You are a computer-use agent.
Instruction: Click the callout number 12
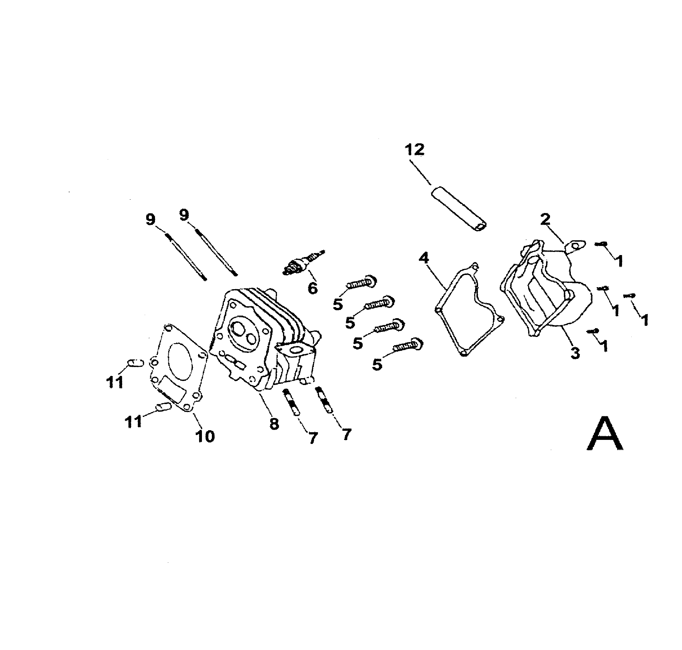click(x=414, y=150)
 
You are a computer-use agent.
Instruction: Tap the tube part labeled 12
click(x=458, y=209)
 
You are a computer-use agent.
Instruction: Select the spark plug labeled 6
click(x=303, y=263)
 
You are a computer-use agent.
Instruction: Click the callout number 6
click(x=313, y=288)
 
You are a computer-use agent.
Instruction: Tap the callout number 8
click(x=274, y=424)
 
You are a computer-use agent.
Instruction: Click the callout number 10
click(x=205, y=436)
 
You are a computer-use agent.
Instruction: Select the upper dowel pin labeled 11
click(x=136, y=363)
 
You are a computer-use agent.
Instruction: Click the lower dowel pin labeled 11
click(x=163, y=406)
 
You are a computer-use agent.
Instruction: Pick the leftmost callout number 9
click(x=150, y=220)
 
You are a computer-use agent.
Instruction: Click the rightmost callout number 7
click(x=346, y=434)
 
